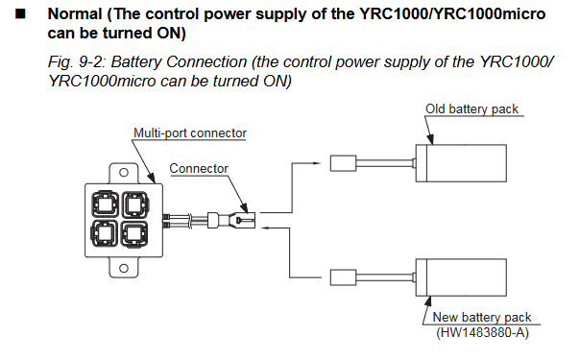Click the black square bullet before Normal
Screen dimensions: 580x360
coord(21,14)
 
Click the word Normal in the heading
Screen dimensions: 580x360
coord(75,14)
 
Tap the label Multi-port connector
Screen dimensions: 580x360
coord(190,133)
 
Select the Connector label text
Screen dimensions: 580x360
coord(199,169)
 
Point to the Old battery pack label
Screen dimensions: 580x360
coord(471,109)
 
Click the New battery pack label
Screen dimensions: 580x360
coord(482,317)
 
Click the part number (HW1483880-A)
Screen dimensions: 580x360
coord(482,333)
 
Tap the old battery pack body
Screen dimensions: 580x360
coord(461,163)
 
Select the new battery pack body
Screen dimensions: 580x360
coord(461,277)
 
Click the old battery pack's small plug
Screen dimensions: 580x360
coord(343,163)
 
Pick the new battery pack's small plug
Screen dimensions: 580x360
coord(343,277)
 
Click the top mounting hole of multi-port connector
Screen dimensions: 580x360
coord(124,172)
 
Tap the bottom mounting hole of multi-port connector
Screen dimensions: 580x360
coord(124,268)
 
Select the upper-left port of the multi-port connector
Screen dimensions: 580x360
coord(105,204)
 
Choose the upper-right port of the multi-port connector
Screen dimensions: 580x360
coord(135,204)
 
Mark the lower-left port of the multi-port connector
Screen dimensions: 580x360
coord(105,233)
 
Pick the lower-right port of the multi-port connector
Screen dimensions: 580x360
coord(135,234)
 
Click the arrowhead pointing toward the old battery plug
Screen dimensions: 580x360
coord(317,163)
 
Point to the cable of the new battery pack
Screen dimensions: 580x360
coord(385,277)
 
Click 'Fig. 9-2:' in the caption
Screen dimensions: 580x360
coord(77,62)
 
